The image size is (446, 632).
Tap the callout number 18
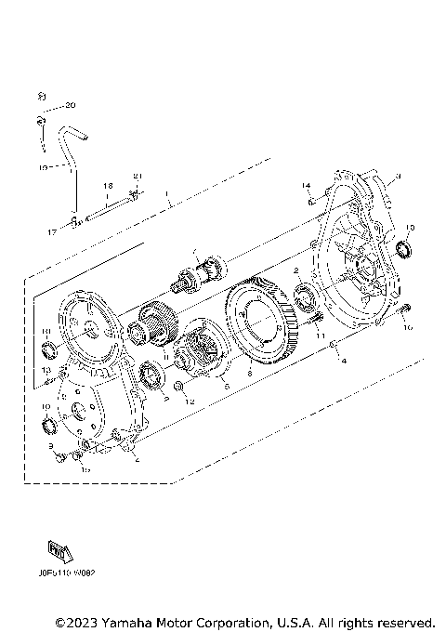click(108, 186)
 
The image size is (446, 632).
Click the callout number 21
click(138, 178)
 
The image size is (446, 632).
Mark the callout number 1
click(167, 196)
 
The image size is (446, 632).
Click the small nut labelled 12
click(179, 385)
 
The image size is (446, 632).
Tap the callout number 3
click(397, 177)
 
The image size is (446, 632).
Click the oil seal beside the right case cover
click(402, 249)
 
